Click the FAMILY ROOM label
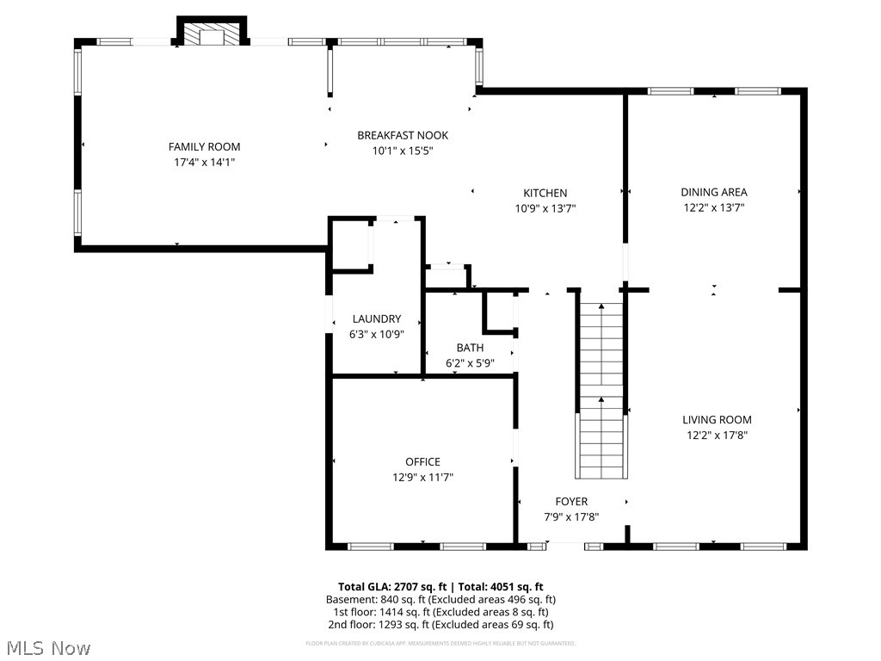click(204, 146)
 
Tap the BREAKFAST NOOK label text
click(403, 135)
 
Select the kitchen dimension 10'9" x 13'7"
click(545, 207)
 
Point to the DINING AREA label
click(714, 192)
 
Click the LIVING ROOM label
click(717, 420)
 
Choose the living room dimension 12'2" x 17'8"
click(717, 435)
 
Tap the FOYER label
click(571, 502)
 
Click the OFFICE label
click(422, 462)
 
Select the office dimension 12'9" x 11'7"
click(422, 477)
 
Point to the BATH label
click(470, 348)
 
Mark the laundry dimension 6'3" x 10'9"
click(377, 334)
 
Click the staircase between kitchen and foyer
click(601, 392)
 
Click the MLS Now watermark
click(48, 647)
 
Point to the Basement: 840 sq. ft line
click(440, 599)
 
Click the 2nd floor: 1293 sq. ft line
click(440, 625)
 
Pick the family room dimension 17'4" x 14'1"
click(204, 161)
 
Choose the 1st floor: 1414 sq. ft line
click(440, 612)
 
